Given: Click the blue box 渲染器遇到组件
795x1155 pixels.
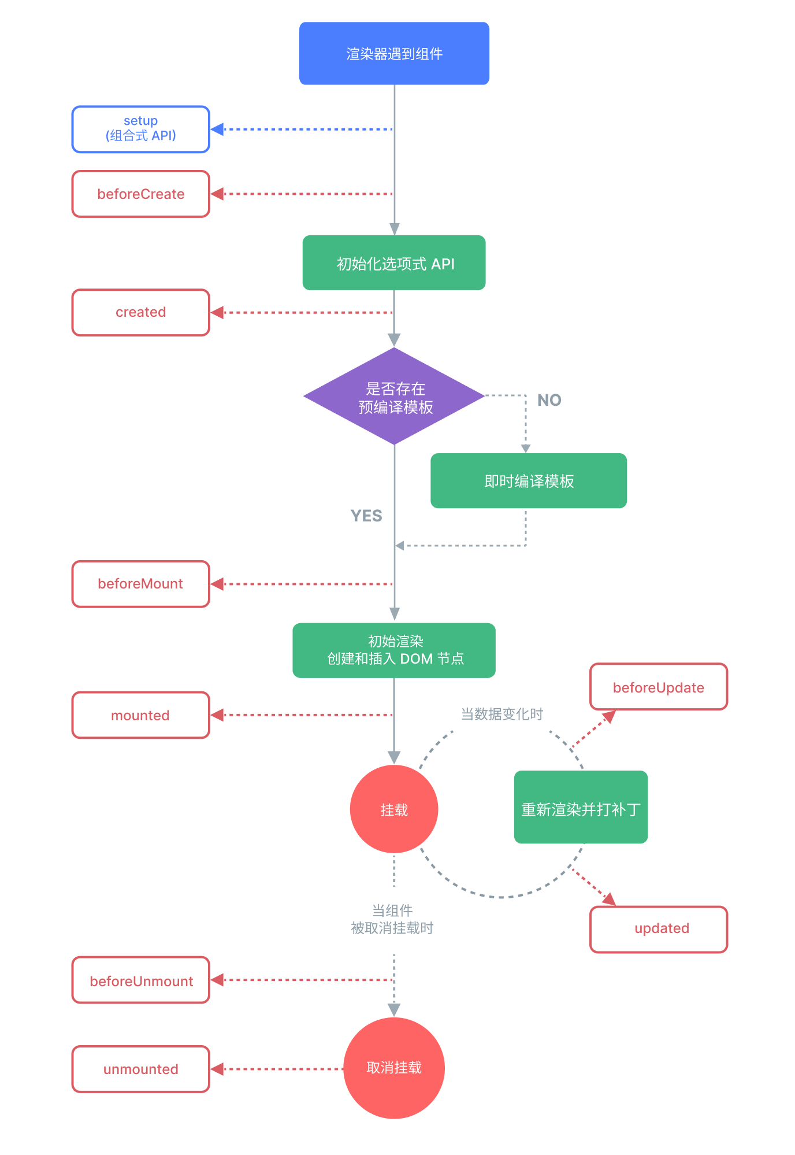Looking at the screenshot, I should (x=394, y=54).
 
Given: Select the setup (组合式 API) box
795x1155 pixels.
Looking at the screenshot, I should (x=140, y=129).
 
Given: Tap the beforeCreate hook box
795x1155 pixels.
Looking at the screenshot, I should (x=140, y=194).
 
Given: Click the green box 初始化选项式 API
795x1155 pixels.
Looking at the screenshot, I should (x=394, y=263).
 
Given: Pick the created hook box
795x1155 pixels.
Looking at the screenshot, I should (x=140, y=313).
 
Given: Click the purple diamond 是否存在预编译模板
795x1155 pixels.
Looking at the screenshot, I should (x=394, y=397).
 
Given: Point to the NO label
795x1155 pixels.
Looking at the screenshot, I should (x=549, y=400).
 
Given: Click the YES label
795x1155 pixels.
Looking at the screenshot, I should (x=366, y=516).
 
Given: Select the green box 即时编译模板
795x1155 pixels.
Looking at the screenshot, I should (x=529, y=481).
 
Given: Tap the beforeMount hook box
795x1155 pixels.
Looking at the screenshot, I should (x=140, y=584).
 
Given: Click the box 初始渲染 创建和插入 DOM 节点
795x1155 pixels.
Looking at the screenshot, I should (x=394, y=650).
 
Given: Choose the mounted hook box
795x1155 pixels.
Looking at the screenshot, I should (x=140, y=715).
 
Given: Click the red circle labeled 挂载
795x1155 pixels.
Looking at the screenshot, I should (x=394, y=809).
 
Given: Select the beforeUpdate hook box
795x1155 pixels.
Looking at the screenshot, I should (x=659, y=687).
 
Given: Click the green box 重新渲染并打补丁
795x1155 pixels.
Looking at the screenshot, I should (x=581, y=808).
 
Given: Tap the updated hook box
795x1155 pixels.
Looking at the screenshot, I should (x=659, y=929).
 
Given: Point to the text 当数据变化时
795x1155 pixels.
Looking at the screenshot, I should (x=501, y=714).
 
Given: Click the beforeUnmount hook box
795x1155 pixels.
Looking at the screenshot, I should (x=140, y=980).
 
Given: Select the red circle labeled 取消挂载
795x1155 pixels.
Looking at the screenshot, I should (x=394, y=1068).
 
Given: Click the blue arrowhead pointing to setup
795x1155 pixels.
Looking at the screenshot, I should (x=217, y=129).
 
